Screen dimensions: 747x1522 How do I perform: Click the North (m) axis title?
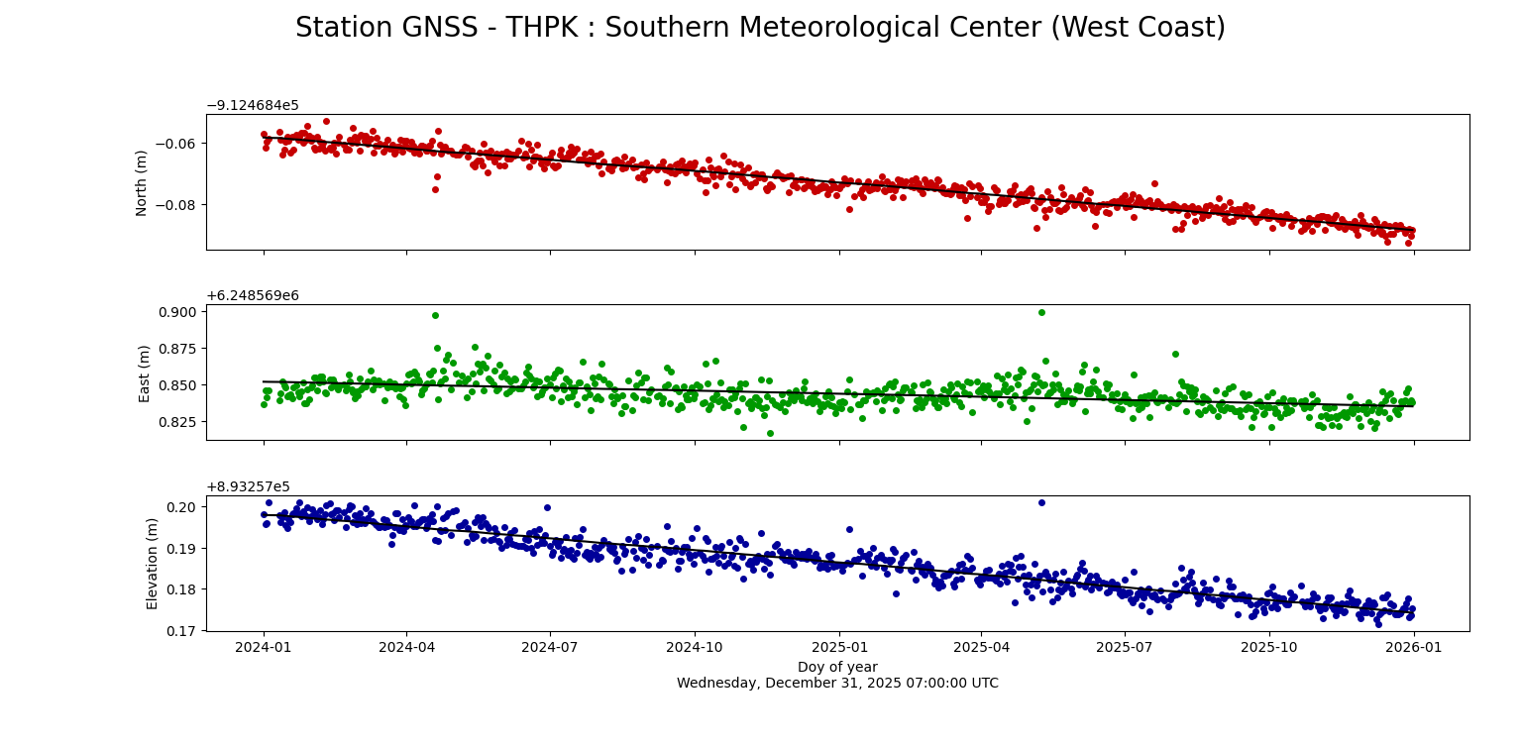[x=143, y=182]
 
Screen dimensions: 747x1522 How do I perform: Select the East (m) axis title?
[x=145, y=373]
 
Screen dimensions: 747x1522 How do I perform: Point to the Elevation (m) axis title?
[x=153, y=563]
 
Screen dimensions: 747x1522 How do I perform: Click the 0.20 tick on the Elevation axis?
[x=183, y=507]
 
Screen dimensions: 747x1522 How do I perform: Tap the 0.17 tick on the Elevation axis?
[x=183, y=630]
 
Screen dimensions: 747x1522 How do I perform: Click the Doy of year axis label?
[x=837, y=668]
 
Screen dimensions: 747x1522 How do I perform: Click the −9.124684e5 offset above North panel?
[x=252, y=106]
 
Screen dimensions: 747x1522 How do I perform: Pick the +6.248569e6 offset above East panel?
[x=252, y=296]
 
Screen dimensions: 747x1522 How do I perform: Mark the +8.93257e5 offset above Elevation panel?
[x=248, y=487]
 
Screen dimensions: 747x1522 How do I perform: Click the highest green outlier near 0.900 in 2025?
[x=1041, y=312]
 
